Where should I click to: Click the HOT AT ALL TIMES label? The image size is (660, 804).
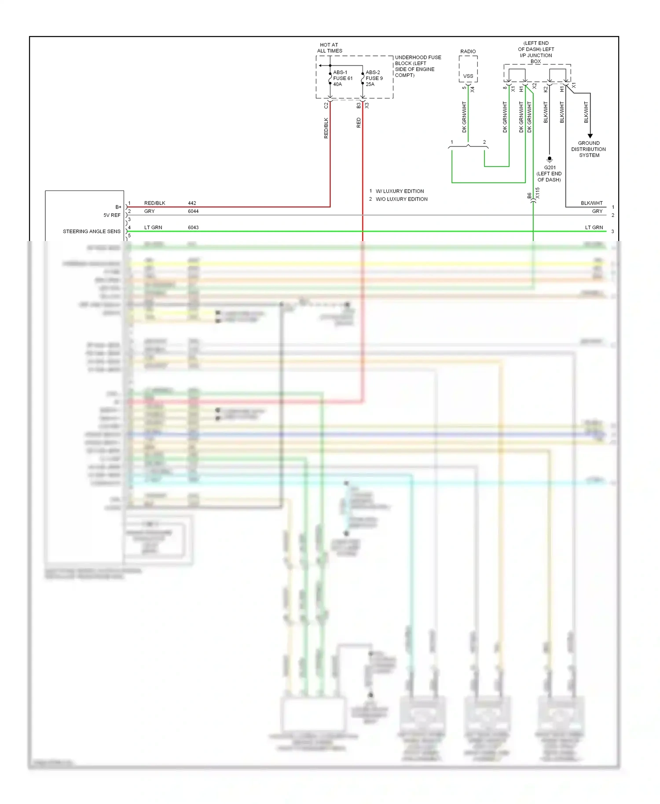point(329,48)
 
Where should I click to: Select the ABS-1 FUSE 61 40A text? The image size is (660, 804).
point(342,78)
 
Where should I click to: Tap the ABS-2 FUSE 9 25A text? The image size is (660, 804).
point(374,78)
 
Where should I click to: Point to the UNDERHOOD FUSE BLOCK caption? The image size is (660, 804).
point(417,66)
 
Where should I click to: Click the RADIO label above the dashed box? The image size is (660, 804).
point(468,51)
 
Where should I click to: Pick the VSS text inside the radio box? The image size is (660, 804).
point(468,76)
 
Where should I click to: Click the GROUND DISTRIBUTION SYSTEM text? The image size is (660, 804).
point(589,149)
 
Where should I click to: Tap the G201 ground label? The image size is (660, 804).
point(550,168)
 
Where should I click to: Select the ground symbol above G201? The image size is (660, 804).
point(549,159)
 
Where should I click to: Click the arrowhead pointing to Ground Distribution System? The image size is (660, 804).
point(590,136)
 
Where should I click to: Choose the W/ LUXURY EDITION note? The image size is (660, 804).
point(400,191)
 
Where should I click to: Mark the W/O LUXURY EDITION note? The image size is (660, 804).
point(401,199)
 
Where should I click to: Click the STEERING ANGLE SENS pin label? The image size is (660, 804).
point(92,231)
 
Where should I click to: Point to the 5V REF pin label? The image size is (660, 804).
point(112,215)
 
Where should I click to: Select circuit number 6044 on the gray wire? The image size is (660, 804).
point(193,211)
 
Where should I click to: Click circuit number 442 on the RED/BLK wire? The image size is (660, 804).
point(192,203)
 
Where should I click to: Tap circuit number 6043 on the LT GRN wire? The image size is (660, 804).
point(193,227)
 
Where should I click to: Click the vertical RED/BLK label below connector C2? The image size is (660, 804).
point(326,128)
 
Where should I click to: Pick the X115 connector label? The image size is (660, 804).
point(537,193)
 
